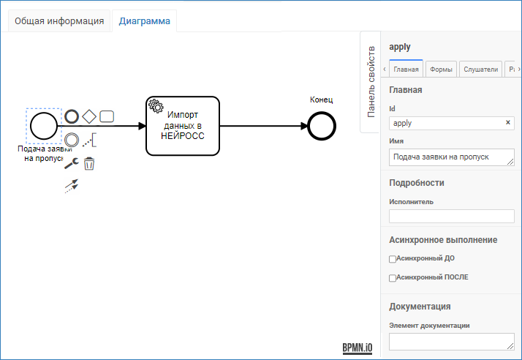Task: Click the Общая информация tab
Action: (59, 21)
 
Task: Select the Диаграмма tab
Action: (145, 21)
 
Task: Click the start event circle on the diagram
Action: (44, 126)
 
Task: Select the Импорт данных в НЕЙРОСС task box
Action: (183, 126)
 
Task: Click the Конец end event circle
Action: (322, 126)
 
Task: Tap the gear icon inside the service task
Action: (156, 106)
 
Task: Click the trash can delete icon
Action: (89, 164)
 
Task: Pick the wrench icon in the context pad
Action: (71, 163)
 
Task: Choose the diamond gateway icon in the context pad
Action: (89, 116)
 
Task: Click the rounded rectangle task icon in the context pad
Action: (107, 116)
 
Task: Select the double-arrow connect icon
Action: (71, 186)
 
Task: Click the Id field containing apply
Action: (447, 123)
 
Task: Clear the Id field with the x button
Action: (508, 122)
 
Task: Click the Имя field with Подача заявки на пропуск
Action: (451, 157)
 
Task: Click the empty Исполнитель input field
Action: (451, 216)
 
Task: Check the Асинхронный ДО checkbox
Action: (393, 259)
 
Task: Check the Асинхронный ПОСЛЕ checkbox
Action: (393, 278)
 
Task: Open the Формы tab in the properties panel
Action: (441, 70)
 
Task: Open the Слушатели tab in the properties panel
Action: (481, 70)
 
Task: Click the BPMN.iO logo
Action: (358, 348)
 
